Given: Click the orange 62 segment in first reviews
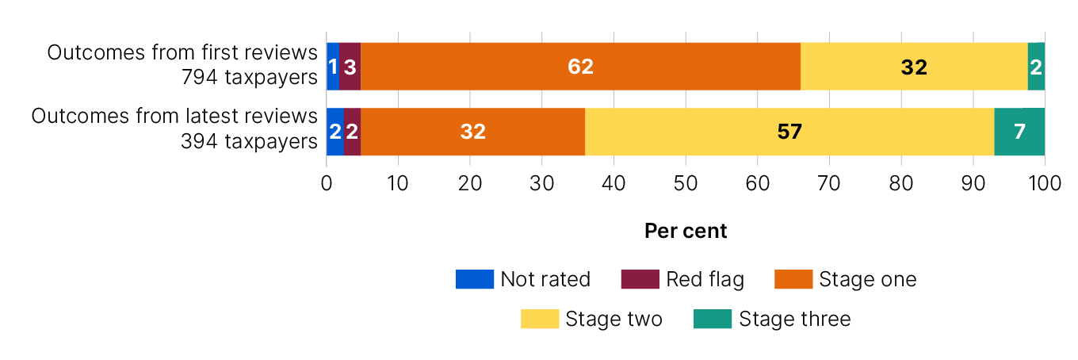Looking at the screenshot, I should (580, 67).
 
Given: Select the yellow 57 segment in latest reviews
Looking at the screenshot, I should (789, 132).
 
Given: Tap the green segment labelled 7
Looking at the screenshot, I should (1019, 132).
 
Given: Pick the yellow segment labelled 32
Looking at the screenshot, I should (914, 67).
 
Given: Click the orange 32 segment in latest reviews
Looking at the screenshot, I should (472, 132).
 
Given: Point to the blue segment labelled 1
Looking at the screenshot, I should (333, 67).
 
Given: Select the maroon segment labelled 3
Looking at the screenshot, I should (350, 67).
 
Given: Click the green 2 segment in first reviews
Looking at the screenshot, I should (1036, 67).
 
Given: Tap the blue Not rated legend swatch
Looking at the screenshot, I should (474, 279).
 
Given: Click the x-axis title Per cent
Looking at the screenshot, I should (686, 231).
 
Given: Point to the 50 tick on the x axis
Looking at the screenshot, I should (686, 182).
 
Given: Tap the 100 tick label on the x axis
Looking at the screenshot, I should (1045, 182).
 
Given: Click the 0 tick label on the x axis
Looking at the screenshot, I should (327, 182).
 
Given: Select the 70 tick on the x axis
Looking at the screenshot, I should (829, 182).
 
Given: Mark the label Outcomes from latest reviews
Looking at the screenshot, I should (174, 116).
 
